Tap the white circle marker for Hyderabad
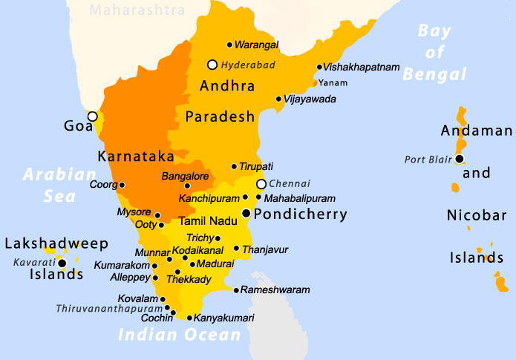212,65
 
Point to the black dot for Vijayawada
278,99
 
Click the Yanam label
333,82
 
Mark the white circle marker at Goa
92,117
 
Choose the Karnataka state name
136,157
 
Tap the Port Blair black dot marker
460,159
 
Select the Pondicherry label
300,215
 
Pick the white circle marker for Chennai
261,184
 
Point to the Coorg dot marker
123,185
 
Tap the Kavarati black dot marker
62,263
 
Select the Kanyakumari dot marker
189,318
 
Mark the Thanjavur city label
265,249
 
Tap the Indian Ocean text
180,335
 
